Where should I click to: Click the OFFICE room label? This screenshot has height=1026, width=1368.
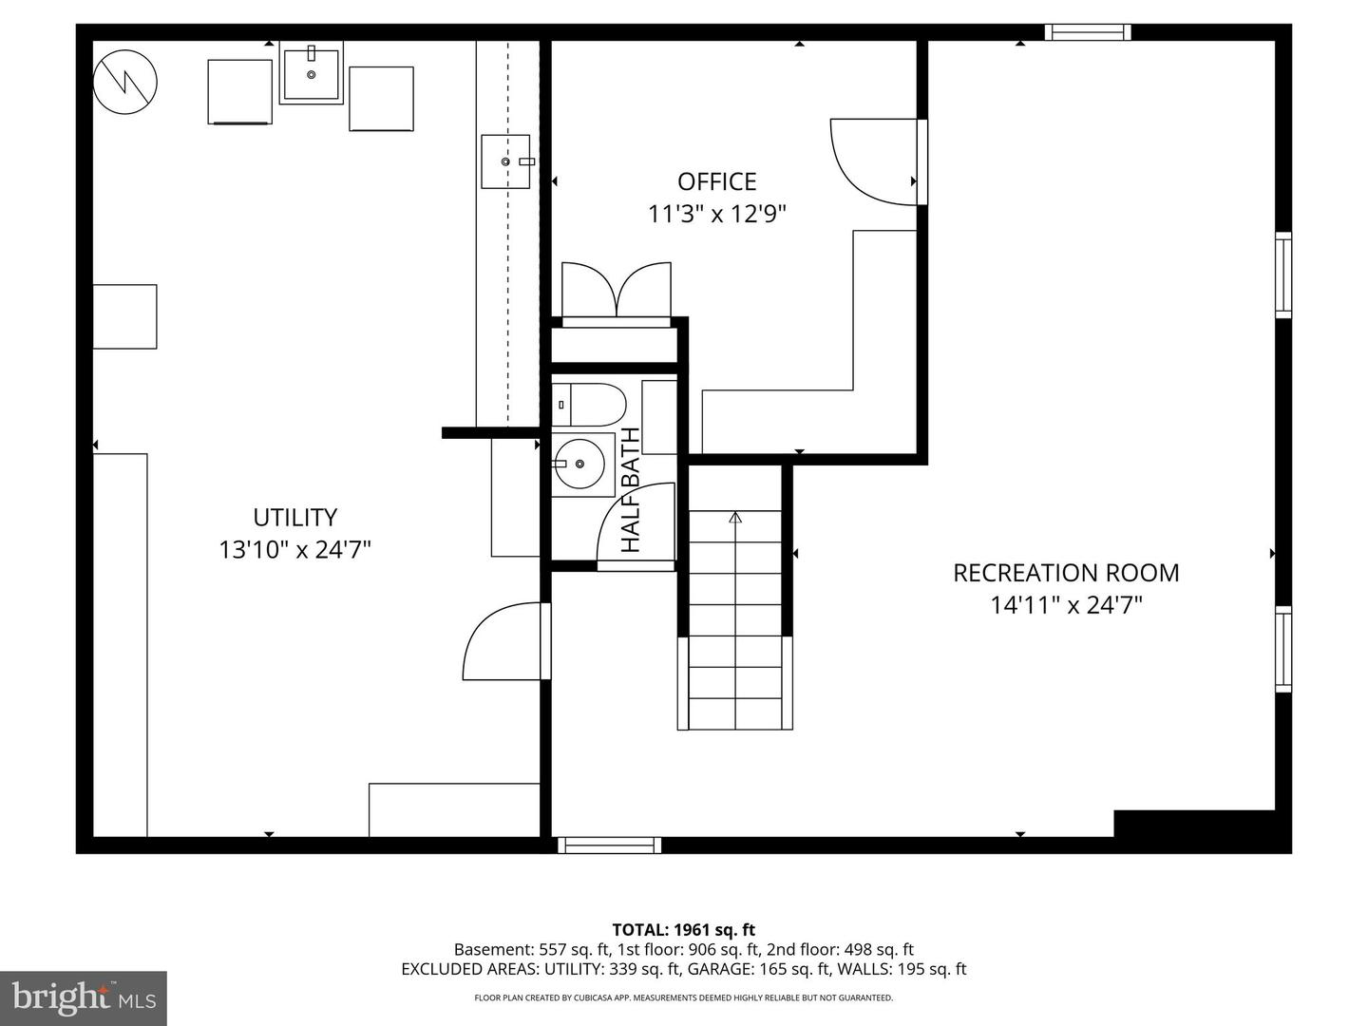tap(716, 181)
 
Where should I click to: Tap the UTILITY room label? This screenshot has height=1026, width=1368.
tap(294, 517)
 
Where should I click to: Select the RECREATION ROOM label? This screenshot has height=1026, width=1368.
tap(1066, 573)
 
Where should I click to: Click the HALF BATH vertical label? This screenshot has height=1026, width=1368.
tap(631, 489)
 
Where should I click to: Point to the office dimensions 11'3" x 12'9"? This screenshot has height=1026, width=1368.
tap(716, 215)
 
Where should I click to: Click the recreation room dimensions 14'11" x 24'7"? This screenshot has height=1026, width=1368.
tap(1066, 605)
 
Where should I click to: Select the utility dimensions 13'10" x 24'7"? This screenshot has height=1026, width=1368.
tap(294, 550)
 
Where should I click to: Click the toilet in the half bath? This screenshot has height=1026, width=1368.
tap(589, 405)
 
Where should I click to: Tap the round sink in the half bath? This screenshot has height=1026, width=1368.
tap(579, 465)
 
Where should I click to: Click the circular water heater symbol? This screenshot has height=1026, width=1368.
tap(124, 82)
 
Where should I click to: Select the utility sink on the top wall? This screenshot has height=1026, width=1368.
tap(311, 72)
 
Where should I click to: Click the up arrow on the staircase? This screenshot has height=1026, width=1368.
tap(735, 517)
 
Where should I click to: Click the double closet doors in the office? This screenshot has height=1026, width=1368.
tap(617, 290)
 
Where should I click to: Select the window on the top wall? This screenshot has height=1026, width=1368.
tap(1088, 31)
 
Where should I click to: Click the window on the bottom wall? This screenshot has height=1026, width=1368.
tap(610, 845)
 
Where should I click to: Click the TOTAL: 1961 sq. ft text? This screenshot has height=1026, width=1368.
tap(684, 930)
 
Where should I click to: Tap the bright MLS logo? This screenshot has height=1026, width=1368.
tap(84, 997)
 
